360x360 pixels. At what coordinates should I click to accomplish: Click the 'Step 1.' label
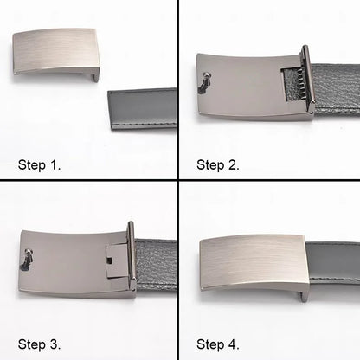(39, 164)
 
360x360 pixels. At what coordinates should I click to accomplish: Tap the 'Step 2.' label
(218, 164)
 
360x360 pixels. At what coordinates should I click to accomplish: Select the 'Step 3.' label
(39, 344)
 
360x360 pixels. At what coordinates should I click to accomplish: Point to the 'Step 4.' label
(218, 344)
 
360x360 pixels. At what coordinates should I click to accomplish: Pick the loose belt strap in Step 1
(143, 108)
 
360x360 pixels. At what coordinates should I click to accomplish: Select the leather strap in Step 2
(337, 87)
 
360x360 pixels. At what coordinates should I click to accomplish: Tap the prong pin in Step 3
(27, 258)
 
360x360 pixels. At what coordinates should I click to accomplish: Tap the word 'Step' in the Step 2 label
(210, 164)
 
